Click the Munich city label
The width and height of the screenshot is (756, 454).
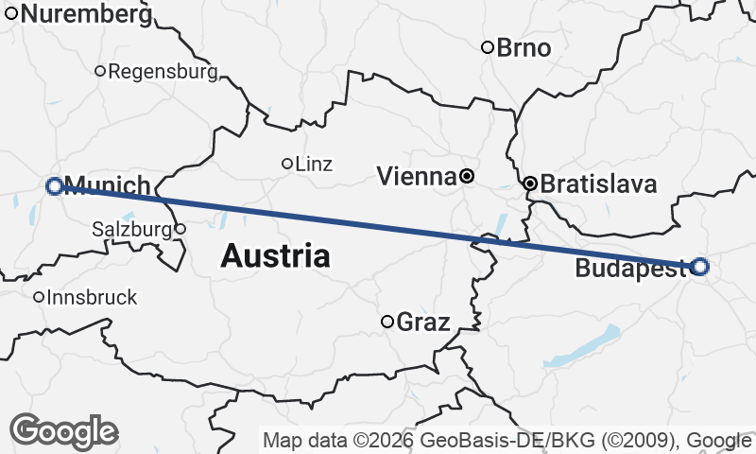108,185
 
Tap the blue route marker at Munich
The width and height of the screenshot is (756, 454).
55,186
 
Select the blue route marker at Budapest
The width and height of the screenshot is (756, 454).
699,267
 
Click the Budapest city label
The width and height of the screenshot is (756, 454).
630,270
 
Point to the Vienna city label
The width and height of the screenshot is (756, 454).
416,176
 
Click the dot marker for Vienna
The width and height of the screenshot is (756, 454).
467,176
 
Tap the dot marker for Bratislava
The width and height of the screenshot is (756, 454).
531,183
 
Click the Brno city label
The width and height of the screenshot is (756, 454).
524,47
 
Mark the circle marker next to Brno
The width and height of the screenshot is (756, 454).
488,47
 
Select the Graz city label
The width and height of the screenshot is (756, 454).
422,322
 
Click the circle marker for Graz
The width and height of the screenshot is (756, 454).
387,322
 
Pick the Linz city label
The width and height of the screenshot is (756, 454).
314,164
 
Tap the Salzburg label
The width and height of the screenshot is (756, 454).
130,229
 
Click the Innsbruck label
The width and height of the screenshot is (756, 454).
92,297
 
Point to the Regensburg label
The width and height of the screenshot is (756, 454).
163,71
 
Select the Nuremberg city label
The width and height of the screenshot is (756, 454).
85,14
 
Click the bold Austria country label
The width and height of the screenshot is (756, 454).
276,255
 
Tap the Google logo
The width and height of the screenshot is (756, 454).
63,431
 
